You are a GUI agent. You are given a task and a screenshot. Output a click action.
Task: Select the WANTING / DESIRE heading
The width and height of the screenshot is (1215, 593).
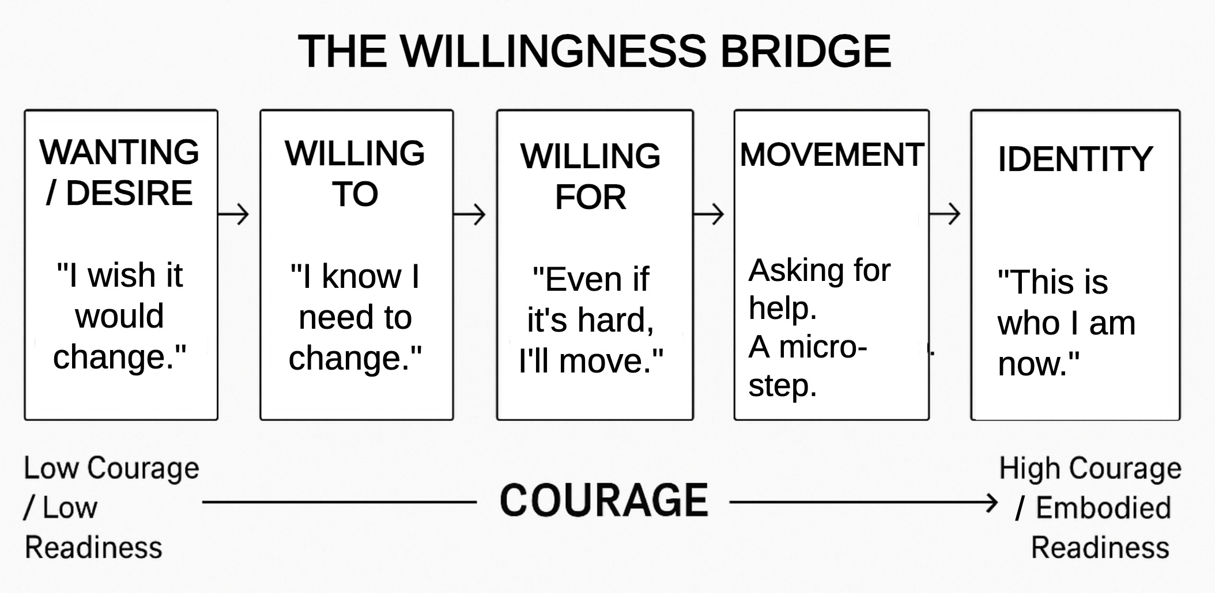[x=119, y=172]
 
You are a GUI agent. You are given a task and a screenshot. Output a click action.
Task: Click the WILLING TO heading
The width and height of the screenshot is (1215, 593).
[x=355, y=173]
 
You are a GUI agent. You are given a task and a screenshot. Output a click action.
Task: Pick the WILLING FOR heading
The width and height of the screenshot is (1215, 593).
[x=591, y=176]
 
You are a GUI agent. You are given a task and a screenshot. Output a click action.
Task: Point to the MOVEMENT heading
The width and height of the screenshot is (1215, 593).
[x=832, y=154]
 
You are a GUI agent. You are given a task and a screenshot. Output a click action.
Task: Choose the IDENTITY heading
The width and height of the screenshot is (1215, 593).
[x=1075, y=159]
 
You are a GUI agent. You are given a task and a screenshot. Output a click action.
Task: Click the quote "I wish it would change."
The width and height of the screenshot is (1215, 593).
[x=120, y=316]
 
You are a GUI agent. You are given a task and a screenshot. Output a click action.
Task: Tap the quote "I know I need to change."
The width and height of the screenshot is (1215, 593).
[x=355, y=317]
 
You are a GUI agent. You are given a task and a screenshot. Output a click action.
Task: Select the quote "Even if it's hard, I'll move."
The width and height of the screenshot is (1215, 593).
[x=591, y=320]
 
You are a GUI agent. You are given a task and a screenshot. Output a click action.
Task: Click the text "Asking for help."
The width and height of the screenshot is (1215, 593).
[x=819, y=288]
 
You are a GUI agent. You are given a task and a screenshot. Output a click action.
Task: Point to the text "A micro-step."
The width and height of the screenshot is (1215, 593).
[x=808, y=366]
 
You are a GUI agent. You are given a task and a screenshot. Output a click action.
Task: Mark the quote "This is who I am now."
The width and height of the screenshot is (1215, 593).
[x=1066, y=323]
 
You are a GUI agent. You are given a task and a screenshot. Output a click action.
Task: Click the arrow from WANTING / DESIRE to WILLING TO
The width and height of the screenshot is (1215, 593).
[x=234, y=214]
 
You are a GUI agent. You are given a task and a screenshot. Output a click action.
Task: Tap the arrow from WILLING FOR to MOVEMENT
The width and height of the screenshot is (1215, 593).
[x=709, y=214]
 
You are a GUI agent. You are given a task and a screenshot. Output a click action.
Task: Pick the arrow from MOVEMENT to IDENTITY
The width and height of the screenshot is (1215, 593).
[x=945, y=214]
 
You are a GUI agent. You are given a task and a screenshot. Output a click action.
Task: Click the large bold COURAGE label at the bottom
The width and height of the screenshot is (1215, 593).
[x=603, y=500]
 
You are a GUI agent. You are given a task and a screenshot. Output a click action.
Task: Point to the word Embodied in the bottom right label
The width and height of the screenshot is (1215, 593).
[x=1103, y=508]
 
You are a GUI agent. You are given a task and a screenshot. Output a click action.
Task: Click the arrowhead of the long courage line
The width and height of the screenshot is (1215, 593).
[x=991, y=503]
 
